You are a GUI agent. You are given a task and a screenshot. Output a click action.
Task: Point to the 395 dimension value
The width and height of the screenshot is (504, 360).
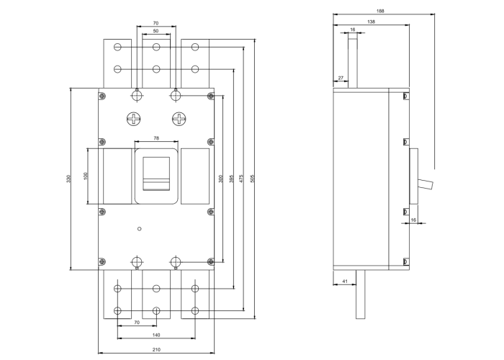230,179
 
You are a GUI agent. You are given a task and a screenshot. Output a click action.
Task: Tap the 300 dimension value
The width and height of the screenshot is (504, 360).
220,179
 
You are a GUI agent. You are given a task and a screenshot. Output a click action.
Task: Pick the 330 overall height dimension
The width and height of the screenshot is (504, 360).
68,179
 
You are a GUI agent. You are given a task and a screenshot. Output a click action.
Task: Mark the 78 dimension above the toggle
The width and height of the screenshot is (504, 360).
157,138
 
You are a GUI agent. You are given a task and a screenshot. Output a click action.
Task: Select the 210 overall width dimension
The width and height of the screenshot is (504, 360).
156,349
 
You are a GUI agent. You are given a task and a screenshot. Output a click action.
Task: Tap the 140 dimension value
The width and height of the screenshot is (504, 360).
156,336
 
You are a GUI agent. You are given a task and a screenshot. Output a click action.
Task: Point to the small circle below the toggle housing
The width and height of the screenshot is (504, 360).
139,228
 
